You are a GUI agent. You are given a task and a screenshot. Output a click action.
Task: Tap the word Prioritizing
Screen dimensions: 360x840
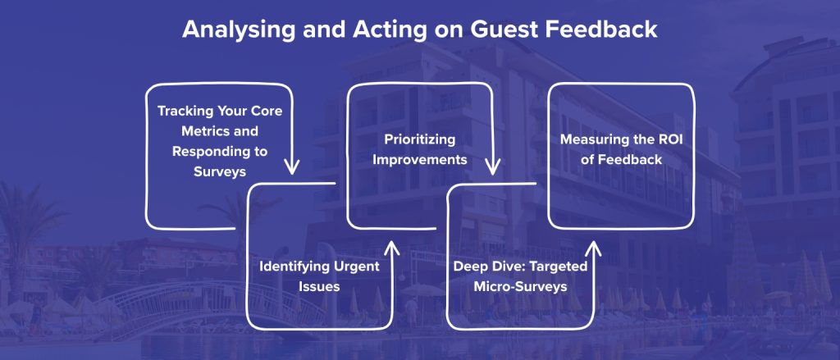coord(420,139)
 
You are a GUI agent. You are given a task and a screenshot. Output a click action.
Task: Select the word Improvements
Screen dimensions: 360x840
coord(420,159)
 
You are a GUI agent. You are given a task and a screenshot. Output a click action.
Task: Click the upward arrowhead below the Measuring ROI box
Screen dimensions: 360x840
coord(592,248)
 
